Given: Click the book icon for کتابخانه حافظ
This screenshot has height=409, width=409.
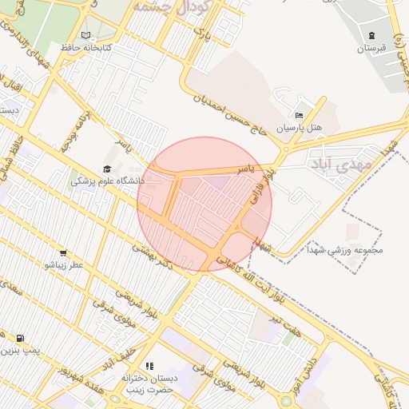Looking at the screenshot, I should click(x=85, y=35).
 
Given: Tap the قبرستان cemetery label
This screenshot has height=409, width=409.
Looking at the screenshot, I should click(x=371, y=48).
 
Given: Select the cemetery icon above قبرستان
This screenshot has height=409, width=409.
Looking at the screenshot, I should click(x=371, y=34).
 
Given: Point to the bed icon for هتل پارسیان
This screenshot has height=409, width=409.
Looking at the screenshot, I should click(x=299, y=115).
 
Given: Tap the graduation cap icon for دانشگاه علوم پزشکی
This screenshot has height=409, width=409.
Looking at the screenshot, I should click(x=107, y=169).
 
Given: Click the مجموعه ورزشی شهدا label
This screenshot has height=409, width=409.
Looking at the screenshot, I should click(x=351, y=250).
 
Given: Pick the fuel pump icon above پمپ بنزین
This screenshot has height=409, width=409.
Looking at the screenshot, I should click(x=19, y=338).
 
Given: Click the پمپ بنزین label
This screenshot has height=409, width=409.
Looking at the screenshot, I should click(x=19, y=351).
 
